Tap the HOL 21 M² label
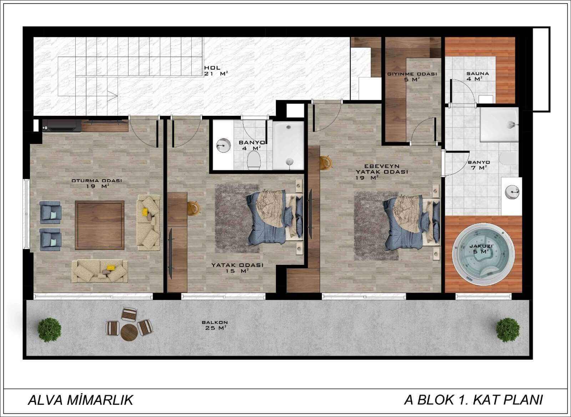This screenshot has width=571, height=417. click(x=216, y=71)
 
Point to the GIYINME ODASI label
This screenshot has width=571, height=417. click(x=412, y=74)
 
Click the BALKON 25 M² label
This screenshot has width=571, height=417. click(x=214, y=325)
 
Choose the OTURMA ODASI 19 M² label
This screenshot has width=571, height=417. click(x=97, y=183)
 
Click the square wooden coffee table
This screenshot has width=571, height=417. click(x=100, y=225)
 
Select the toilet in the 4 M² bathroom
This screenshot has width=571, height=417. click(x=254, y=160)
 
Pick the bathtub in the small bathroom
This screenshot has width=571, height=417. click(x=288, y=146)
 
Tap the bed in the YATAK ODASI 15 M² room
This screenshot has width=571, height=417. click(x=274, y=216)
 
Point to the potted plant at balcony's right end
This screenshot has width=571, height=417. click(x=508, y=330)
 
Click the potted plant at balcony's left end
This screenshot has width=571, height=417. click(x=49, y=330)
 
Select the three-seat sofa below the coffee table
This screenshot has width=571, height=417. click(x=100, y=271)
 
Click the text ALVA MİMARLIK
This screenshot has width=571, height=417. click(x=81, y=400)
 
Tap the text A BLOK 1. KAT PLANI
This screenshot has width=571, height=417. click(x=473, y=400)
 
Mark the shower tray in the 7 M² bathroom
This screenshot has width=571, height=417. click(x=499, y=124)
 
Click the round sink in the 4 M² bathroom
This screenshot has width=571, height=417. click(x=223, y=145)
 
